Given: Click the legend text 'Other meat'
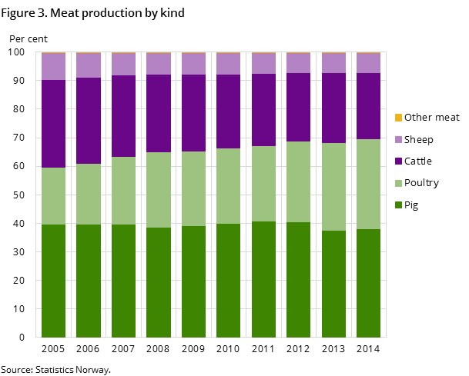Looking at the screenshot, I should click(x=431, y=118).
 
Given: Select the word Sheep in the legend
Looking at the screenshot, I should click(x=418, y=140).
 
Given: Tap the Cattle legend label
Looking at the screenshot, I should click(x=418, y=161).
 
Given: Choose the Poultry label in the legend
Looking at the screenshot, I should click(x=421, y=183).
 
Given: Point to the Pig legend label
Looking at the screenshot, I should click(x=411, y=205).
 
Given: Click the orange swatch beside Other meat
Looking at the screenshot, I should click(x=398, y=118).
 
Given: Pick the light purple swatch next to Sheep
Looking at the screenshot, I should click(x=398, y=140).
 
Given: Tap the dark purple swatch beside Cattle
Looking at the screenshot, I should click(x=398, y=161).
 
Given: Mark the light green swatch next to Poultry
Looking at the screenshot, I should click(x=398, y=183).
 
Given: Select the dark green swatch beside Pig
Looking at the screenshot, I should click(x=398, y=205).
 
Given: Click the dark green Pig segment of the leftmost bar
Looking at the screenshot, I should click(x=53, y=281).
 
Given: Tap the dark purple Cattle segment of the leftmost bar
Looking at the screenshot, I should click(x=53, y=124).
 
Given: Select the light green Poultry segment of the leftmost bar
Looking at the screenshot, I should click(x=53, y=196).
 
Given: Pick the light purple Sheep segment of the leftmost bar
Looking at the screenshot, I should click(x=53, y=67).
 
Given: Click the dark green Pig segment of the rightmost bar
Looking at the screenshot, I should click(x=368, y=283).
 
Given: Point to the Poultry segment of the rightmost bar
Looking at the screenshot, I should click(x=368, y=184).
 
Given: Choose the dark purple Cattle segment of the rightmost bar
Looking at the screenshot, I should click(x=368, y=106).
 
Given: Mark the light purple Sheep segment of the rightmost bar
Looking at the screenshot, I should click(x=368, y=63).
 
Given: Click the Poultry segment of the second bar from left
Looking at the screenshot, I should click(x=89, y=194).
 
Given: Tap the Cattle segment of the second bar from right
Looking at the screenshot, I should click(x=333, y=108).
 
